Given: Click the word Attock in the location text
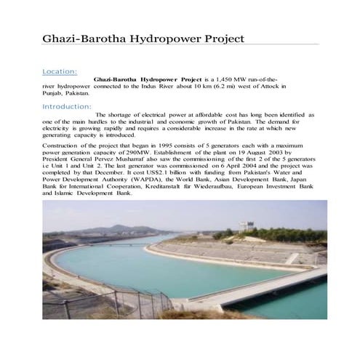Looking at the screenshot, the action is [x=270, y=86].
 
